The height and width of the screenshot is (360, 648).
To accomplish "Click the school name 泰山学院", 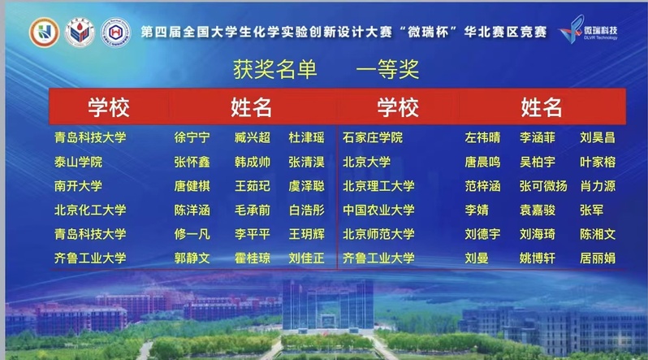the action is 78,162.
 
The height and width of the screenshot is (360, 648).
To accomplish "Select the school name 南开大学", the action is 78,186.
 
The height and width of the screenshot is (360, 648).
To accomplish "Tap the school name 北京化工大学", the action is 90,210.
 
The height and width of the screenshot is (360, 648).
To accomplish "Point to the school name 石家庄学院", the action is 373,137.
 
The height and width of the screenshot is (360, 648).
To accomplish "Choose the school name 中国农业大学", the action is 378,210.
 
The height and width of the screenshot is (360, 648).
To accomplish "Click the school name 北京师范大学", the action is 378,234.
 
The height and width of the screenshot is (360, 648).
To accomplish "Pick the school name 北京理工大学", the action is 378,186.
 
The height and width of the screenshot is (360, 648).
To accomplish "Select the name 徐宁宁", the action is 192,137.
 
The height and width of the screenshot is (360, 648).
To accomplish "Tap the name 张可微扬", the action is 543,186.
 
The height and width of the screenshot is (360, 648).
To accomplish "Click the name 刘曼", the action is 477,258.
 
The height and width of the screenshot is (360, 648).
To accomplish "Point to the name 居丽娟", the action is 598,258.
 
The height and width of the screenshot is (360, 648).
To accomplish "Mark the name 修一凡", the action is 192,234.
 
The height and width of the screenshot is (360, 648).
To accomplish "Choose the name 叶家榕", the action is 598,162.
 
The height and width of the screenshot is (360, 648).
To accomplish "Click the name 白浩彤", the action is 306,210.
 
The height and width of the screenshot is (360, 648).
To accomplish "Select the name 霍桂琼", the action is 252,258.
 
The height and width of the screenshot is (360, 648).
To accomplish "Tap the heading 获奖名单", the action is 274,69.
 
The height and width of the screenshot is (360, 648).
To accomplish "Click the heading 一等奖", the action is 387,69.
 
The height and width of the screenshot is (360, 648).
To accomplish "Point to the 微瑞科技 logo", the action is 588,29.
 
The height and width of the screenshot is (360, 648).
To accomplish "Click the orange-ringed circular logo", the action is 44,33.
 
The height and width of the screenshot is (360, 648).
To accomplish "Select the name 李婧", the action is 477,210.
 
